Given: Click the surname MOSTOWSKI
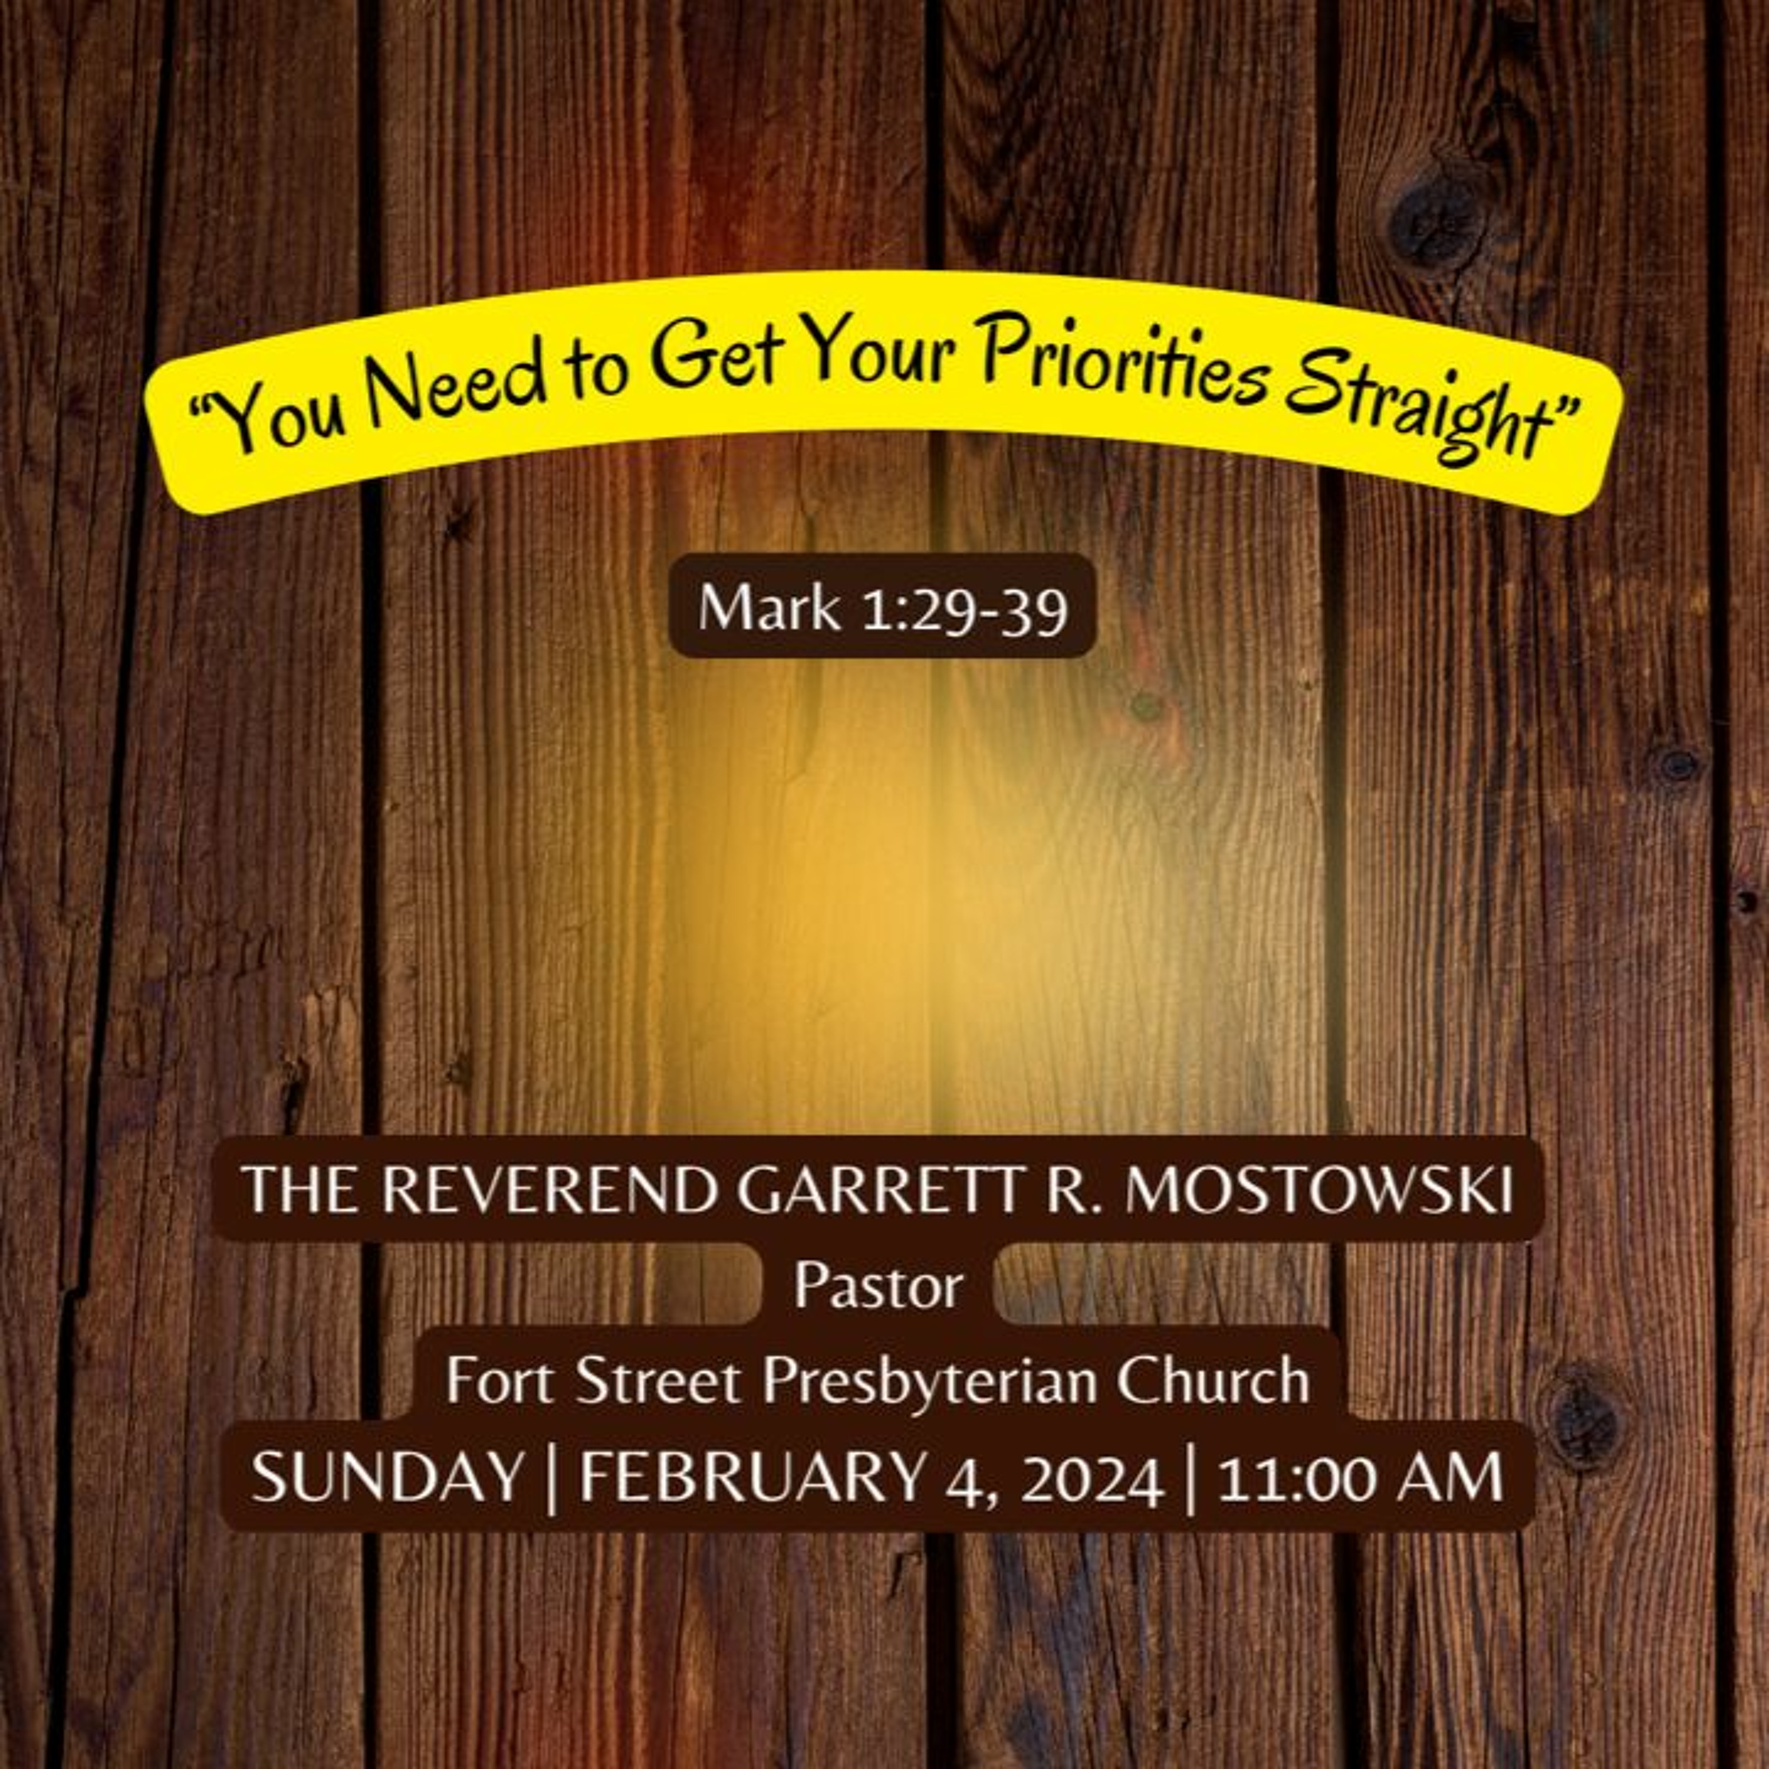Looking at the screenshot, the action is (x=1318, y=1191).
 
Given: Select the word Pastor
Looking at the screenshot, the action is (x=878, y=1285).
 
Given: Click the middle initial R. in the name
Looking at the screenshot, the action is (x=1071, y=1191).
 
